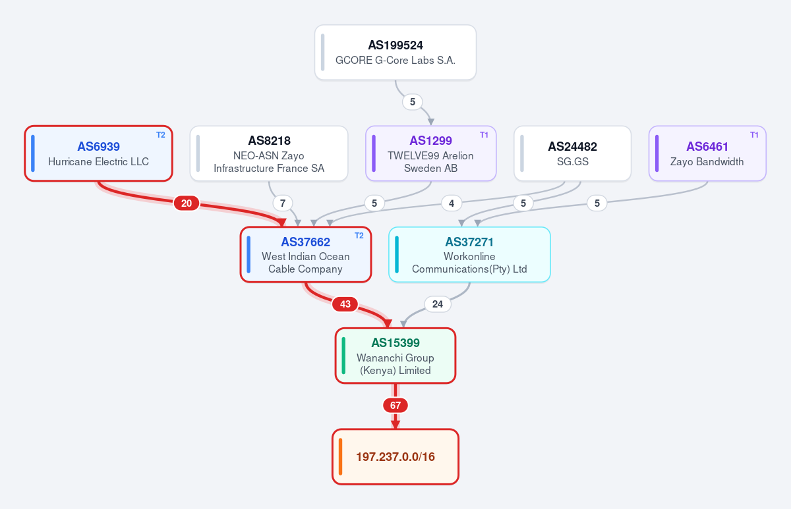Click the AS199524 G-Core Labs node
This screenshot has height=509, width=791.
pyautogui.click(x=395, y=52)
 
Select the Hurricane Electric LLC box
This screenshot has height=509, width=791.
pyautogui.click(x=98, y=153)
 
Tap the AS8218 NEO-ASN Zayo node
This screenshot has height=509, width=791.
pyautogui.click(x=269, y=153)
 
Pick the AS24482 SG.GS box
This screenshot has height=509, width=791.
pyautogui.click(x=572, y=153)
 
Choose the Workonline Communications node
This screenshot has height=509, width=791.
pyautogui.click(x=469, y=254)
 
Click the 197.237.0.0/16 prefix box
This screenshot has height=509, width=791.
pyautogui.click(x=395, y=457)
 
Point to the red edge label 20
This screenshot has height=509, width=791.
pyautogui.click(x=187, y=203)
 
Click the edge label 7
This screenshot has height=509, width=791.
pyautogui.click(x=283, y=203)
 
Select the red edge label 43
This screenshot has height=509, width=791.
pyautogui.click(x=345, y=304)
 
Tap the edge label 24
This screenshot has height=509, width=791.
pyautogui.click(x=438, y=304)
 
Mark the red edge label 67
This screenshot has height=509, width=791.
pyautogui.click(x=395, y=406)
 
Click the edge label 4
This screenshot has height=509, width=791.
pyautogui.click(x=452, y=203)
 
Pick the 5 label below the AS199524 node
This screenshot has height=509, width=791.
pyautogui.click(x=413, y=102)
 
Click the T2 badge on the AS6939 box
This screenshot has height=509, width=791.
pyautogui.click(x=161, y=135)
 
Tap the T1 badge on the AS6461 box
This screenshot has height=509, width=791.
pyautogui.click(x=754, y=135)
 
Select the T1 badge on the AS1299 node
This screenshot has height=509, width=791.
pyautogui.click(x=484, y=135)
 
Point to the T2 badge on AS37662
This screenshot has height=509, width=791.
pyautogui.click(x=359, y=236)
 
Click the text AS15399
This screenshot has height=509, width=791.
pyautogui.click(x=395, y=342)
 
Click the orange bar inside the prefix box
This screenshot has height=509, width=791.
pyautogui.click(x=340, y=457)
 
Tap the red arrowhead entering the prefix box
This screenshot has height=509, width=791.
pyautogui.click(x=395, y=425)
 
